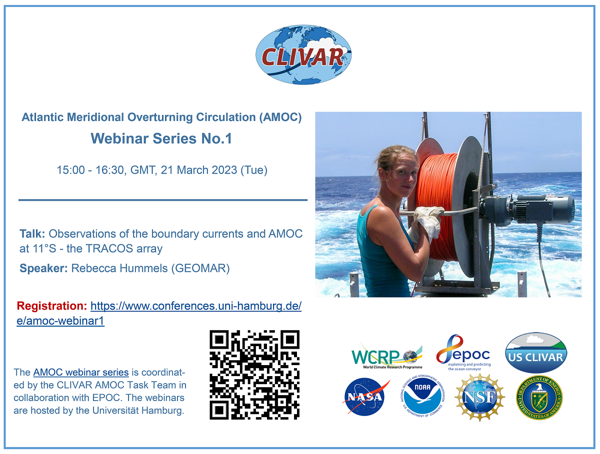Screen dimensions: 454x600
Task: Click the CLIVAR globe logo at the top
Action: (303, 55)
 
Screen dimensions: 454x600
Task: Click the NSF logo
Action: (479, 398)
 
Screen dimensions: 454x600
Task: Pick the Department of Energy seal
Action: (539, 398)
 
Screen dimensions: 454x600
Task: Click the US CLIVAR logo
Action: (535, 353)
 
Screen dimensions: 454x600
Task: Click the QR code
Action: (254, 375)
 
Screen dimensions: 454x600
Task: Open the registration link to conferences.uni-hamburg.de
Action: (195, 306)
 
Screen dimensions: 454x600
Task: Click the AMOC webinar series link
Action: (81, 372)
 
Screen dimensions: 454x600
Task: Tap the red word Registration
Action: (51, 306)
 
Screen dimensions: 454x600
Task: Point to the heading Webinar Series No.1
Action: (161, 139)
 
